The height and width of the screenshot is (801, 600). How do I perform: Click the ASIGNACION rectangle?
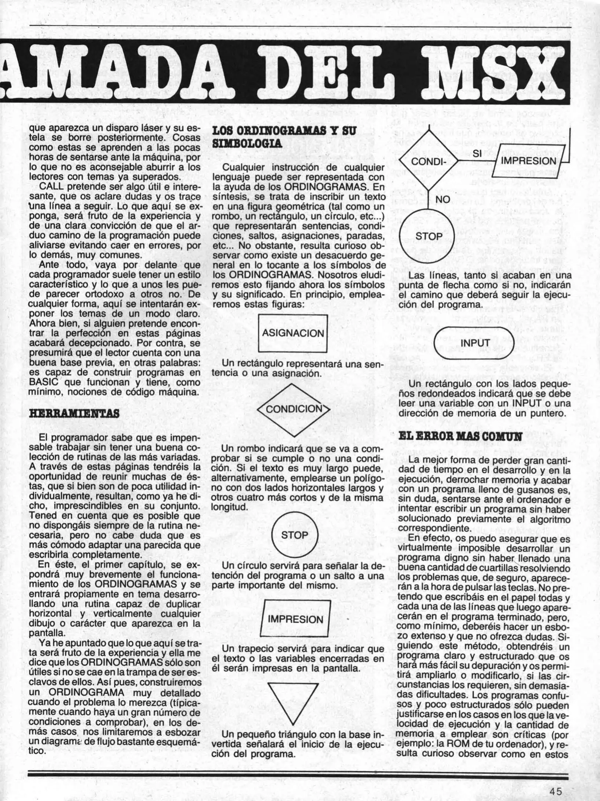(293, 333)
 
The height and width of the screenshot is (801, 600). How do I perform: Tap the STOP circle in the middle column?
(294, 535)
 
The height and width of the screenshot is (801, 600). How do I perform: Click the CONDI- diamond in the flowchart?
(427, 162)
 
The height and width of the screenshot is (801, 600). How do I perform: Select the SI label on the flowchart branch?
(477, 154)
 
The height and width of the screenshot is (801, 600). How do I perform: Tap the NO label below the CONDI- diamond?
(443, 200)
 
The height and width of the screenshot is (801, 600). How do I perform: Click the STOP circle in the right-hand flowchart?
(429, 236)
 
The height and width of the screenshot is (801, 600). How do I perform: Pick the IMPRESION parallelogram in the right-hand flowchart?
(529, 161)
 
